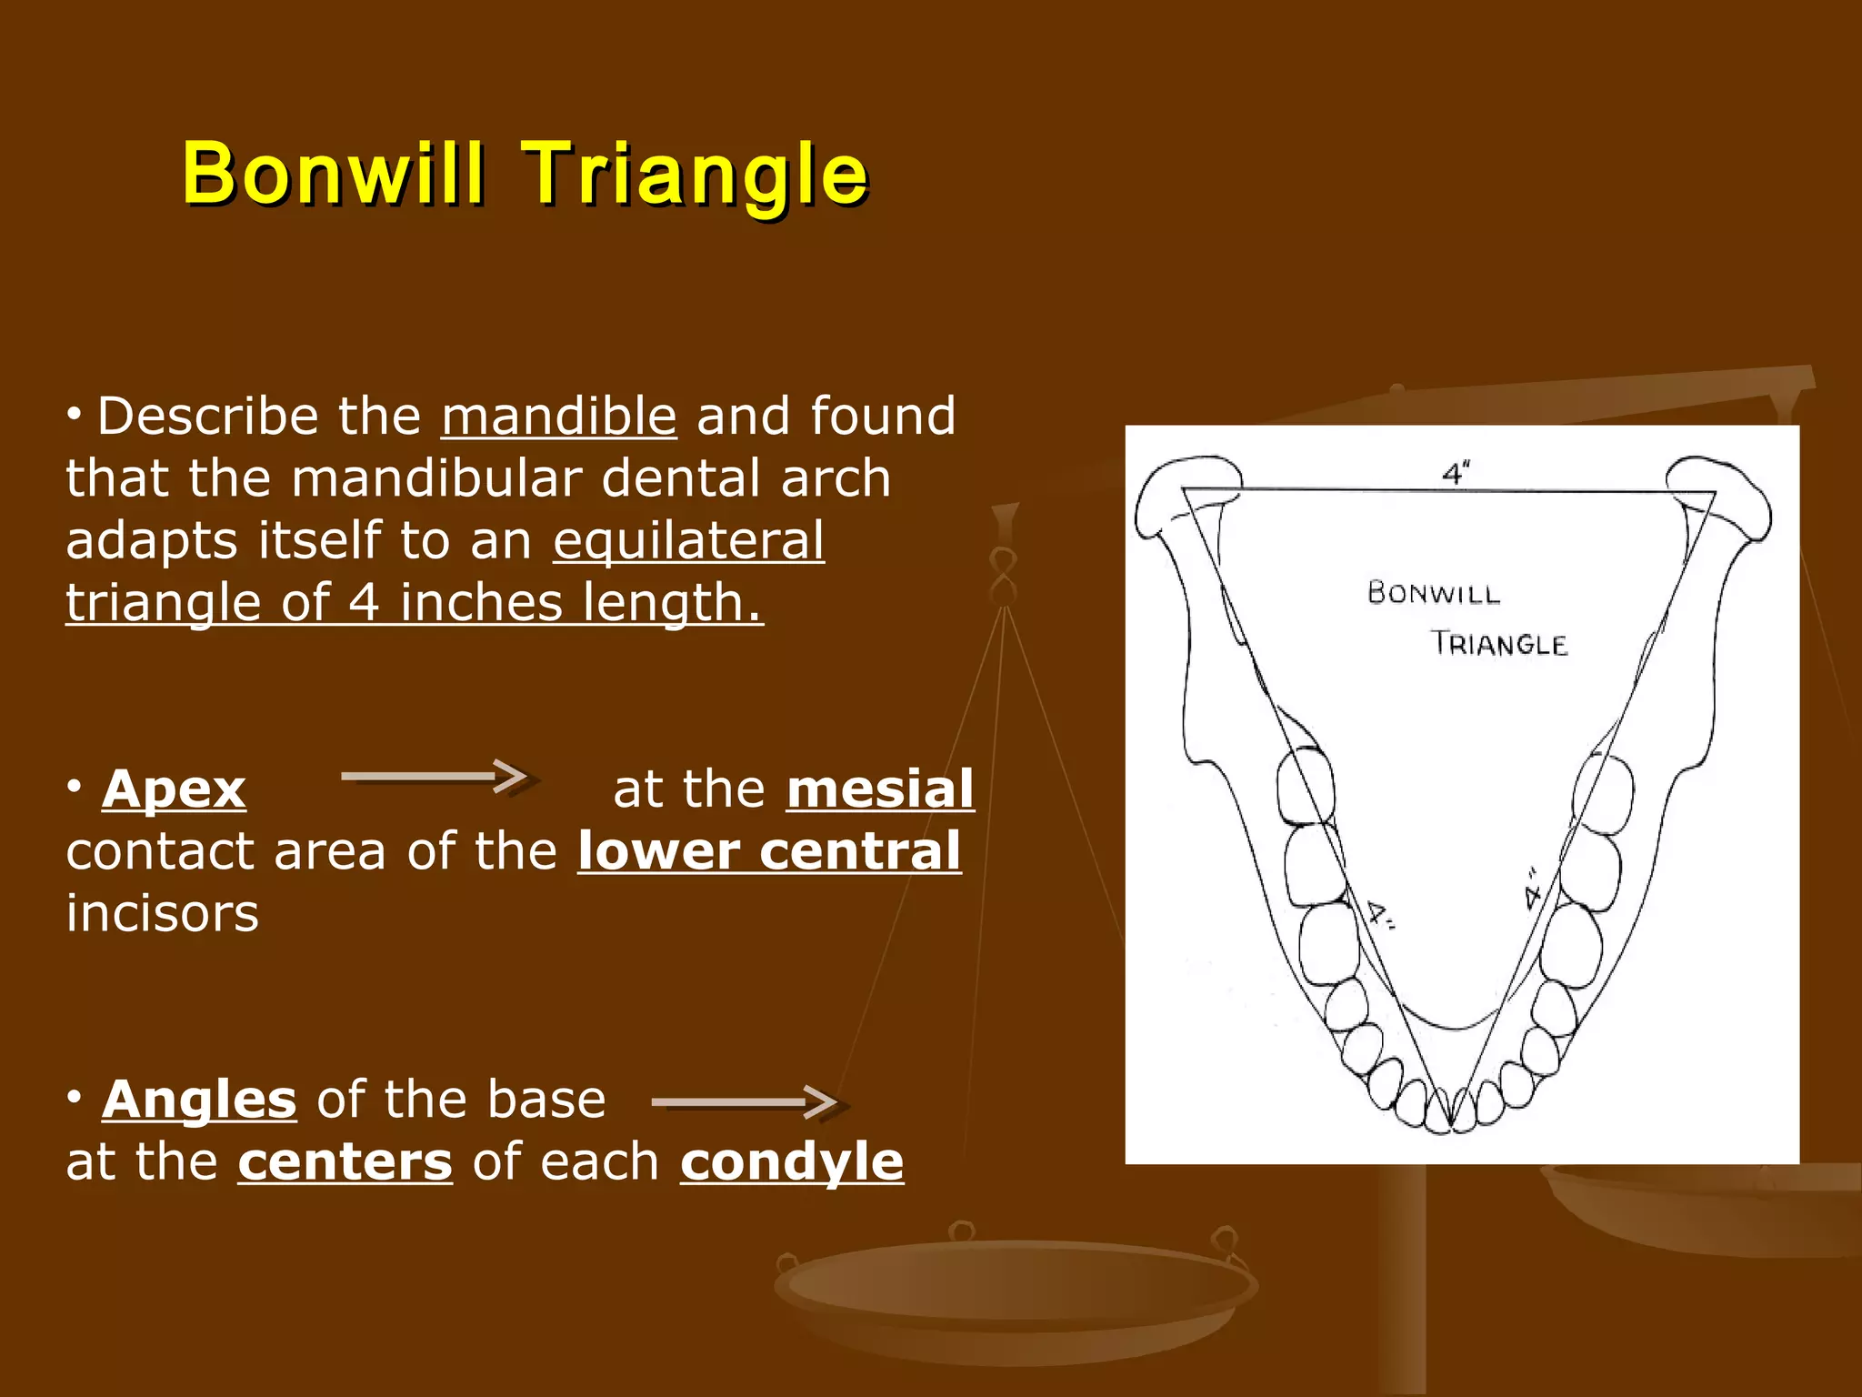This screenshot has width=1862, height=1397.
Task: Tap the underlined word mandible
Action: point(558,417)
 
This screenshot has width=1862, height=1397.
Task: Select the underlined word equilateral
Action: point(688,540)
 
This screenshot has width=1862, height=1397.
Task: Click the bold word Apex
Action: point(174,789)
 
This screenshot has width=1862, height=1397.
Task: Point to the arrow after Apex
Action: point(435,776)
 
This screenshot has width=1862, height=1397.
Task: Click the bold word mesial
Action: point(880,789)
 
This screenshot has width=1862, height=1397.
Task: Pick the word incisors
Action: point(163,913)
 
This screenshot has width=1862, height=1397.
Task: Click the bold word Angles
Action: point(199,1100)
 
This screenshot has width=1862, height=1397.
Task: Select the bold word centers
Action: point(345,1162)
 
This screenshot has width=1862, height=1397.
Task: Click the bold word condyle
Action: point(792,1162)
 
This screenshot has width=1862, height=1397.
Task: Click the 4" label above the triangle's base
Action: point(1455,474)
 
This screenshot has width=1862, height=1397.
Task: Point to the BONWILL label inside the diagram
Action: point(1434,594)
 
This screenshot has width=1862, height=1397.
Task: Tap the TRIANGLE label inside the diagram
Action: point(1499,645)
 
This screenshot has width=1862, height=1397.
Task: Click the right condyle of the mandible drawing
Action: point(1718,496)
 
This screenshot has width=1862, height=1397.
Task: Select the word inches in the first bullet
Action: point(483,603)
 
